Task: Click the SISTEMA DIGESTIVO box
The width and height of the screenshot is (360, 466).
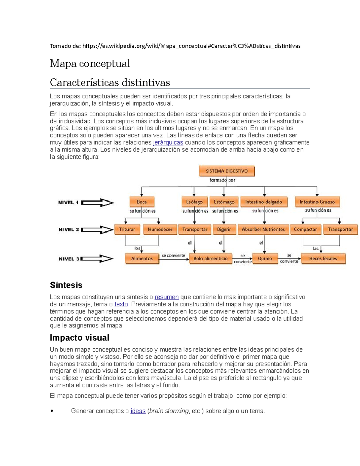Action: click(x=227, y=171)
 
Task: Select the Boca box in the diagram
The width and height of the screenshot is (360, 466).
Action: click(x=142, y=202)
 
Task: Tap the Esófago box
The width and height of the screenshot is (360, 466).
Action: click(x=194, y=202)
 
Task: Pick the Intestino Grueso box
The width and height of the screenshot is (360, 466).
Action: click(x=317, y=202)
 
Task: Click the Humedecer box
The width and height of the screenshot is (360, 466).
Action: click(x=160, y=229)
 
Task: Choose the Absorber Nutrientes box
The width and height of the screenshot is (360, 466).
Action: click(x=263, y=229)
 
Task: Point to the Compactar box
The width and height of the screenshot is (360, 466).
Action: click(x=305, y=229)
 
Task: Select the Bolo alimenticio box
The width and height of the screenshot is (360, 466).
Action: click(x=210, y=258)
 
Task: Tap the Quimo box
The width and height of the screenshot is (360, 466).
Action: click(x=265, y=258)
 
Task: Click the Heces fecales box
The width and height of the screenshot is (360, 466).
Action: click(x=323, y=258)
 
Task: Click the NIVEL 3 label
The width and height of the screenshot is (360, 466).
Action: click(x=69, y=259)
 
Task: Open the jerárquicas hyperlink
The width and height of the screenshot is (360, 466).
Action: click(x=168, y=143)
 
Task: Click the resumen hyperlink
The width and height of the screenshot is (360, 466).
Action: click(x=166, y=297)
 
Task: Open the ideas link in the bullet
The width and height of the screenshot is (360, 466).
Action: click(x=138, y=411)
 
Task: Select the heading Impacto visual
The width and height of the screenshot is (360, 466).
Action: click(x=79, y=338)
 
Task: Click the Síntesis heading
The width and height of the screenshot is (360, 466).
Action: click(x=66, y=285)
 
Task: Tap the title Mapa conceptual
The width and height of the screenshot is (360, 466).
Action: click(x=90, y=63)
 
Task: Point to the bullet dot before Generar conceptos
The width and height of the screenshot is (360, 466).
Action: click(x=52, y=411)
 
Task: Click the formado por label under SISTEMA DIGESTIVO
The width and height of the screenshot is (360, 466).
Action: click(x=222, y=180)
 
